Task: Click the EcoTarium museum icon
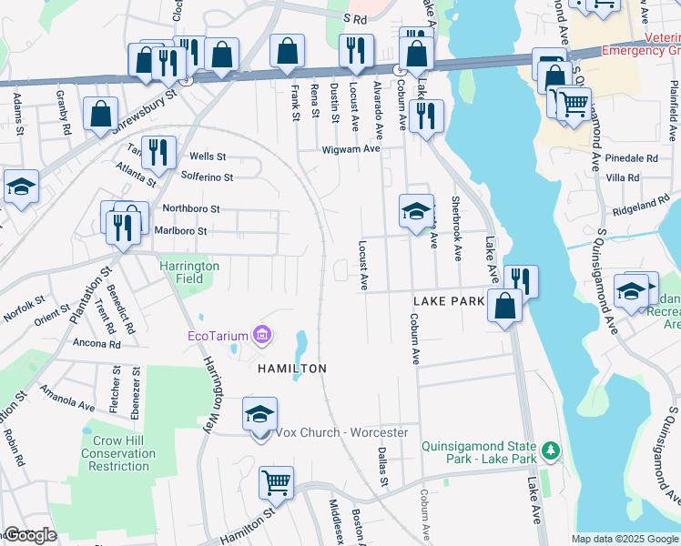pyautogui.click(x=261, y=336)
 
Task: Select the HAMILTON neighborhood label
pyautogui.click(x=291, y=369)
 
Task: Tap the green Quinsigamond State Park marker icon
pyautogui.click(x=549, y=450)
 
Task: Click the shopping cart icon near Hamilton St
pyautogui.click(x=277, y=482)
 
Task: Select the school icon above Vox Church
pyautogui.click(x=259, y=414)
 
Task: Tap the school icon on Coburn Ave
pyautogui.click(x=415, y=211)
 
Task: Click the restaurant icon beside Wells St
pyautogui.click(x=159, y=153)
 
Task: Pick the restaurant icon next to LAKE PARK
pyautogui.click(x=521, y=280)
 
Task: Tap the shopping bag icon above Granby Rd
pyautogui.click(x=101, y=115)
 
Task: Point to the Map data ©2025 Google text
pyautogui.click(x=624, y=539)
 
